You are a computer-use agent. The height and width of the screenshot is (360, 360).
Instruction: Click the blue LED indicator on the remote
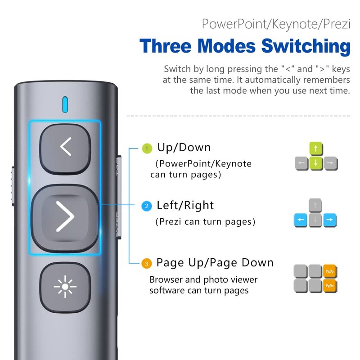pos(65,104)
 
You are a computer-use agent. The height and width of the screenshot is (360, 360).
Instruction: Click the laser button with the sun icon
pos(65,287)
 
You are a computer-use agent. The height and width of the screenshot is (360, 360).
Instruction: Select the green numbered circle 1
pos(147,148)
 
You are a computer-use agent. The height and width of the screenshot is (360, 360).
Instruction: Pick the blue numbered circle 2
pos(147,206)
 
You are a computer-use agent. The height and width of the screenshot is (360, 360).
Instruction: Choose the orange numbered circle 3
pos(147,264)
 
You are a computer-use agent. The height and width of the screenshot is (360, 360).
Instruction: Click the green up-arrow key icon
pos(316,149)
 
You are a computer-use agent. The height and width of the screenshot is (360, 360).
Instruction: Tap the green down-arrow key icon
pos(316,163)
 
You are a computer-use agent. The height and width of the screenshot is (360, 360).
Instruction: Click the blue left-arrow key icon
pos(301,220)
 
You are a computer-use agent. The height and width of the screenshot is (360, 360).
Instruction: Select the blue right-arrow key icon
pos(330,220)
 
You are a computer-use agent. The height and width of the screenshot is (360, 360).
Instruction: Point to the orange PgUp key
pos(330,271)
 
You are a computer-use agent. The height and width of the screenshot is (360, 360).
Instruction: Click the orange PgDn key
pos(330,286)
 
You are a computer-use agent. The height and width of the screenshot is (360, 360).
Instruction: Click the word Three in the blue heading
pos(166,46)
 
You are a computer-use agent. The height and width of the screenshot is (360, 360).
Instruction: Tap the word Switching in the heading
pos(306,47)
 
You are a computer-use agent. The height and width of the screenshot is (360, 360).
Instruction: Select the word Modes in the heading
pos(226,46)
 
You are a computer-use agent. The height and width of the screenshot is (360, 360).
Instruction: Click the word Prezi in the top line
pos(337,24)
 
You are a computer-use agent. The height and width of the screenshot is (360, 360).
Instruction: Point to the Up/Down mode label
pos(184,148)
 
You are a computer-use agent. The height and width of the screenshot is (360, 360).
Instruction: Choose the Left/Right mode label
pos(185,206)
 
